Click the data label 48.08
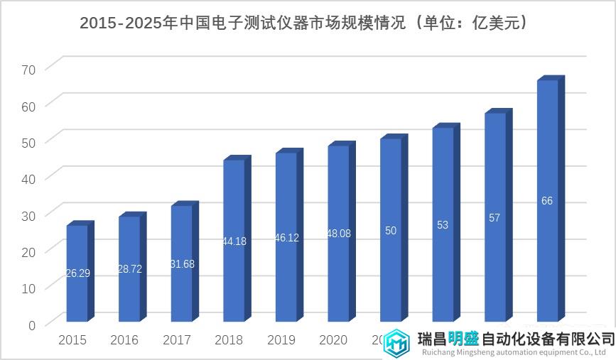(x=338, y=234)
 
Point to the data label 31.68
(x=182, y=264)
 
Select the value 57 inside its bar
(x=495, y=218)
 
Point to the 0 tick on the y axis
(x=31, y=325)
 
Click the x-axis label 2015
(x=72, y=341)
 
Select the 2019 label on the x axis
(x=281, y=341)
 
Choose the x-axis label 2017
(x=177, y=341)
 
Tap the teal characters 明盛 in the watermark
(x=463, y=338)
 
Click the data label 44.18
(x=234, y=241)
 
